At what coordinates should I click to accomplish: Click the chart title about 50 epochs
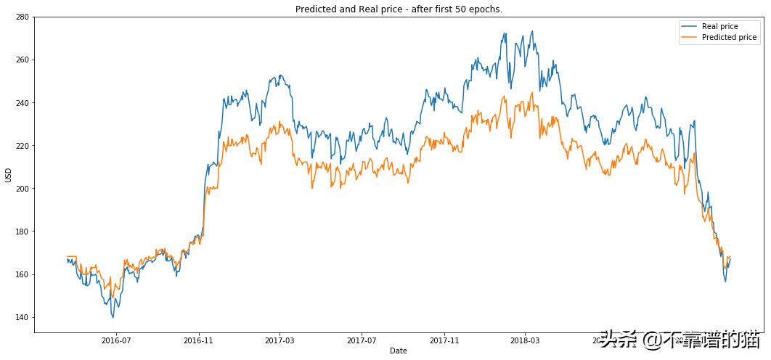[399, 9]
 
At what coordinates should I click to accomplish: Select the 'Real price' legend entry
[719, 27]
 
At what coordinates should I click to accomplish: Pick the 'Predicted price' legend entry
[729, 38]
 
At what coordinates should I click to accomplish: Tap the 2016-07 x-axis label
[116, 340]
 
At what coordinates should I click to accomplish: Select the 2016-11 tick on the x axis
[198, 340]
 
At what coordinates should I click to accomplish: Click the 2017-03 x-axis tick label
[280, 340]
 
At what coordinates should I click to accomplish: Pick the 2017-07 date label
[362, 340]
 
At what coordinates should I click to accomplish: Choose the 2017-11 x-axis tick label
[444, 340]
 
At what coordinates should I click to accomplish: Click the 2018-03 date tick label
[525, 340]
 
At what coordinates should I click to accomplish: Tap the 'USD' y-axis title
[9, 175]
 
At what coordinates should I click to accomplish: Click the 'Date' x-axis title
[399, 351]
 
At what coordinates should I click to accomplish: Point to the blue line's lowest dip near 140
[113, 317]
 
